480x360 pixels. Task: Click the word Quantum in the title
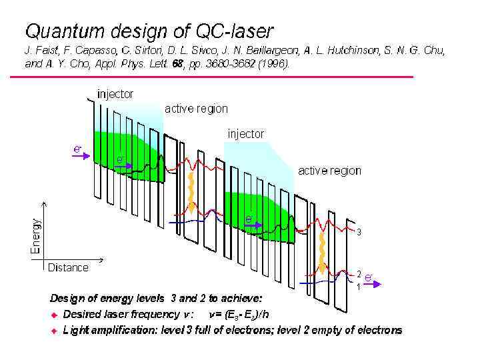[x=66, y=31]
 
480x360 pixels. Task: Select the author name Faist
[x=45, y=51]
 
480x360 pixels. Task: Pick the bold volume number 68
[x=179, y=64]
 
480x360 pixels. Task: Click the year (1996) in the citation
[x=274, y=64]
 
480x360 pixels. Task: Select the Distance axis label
[x=68, y=267]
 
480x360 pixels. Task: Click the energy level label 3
[x=359, y=233]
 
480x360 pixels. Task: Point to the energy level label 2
[x=359, y=274]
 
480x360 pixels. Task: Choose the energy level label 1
[x=359, y=287]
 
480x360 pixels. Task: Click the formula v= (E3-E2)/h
[x=240, y=314]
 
